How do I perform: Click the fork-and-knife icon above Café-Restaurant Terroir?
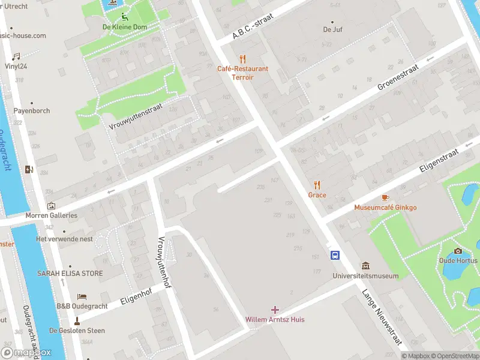point(242,59)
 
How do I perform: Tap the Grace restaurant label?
point(317,195)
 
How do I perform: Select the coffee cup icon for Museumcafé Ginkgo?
point(385,197)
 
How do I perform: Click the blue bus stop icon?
point(335,255)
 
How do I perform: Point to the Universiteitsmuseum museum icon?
point(365,266)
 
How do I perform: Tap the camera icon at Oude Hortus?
point(458,251)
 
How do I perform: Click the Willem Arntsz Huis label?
point(275,319)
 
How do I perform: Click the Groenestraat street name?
point(397,78)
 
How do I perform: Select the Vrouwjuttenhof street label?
point(161,262)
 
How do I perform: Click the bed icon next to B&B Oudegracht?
point(82,296)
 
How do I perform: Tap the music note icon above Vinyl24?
point(16,56)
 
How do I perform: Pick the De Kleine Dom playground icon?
point(122,17)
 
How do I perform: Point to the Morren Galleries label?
point(51,215)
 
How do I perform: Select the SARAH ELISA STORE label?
point(70,273)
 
